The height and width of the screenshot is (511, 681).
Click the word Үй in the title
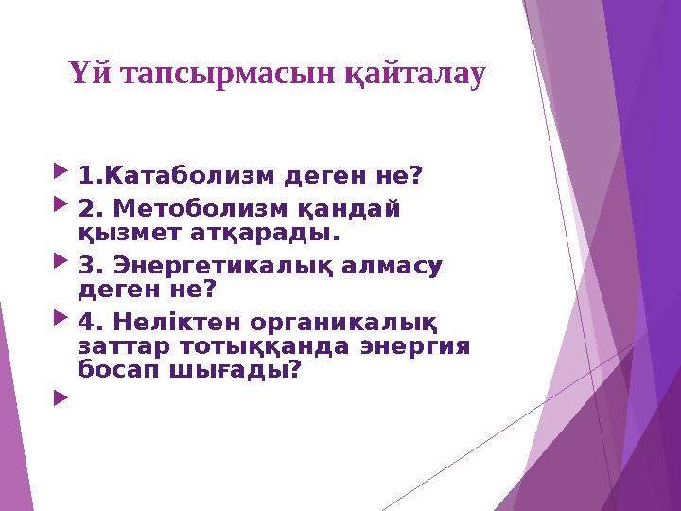[87, 74]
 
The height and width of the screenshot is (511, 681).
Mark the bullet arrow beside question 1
[62, 174]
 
